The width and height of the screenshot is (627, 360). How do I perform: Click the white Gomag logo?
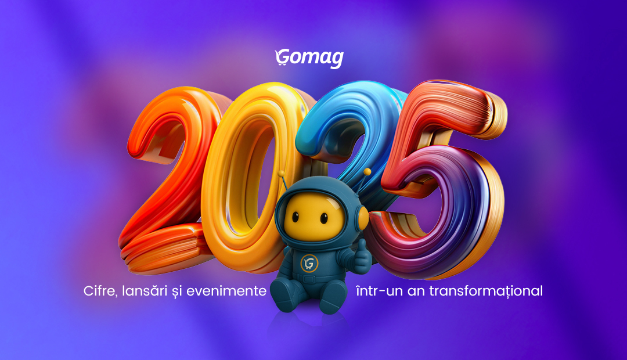pos(309,58)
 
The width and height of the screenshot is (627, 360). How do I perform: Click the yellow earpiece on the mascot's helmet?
pos(363,218)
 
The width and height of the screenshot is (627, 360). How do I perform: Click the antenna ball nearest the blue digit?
pos(367,171)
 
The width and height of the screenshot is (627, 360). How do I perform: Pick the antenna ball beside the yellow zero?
pos(281,173)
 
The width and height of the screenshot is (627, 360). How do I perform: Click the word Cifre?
pos(99,291)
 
